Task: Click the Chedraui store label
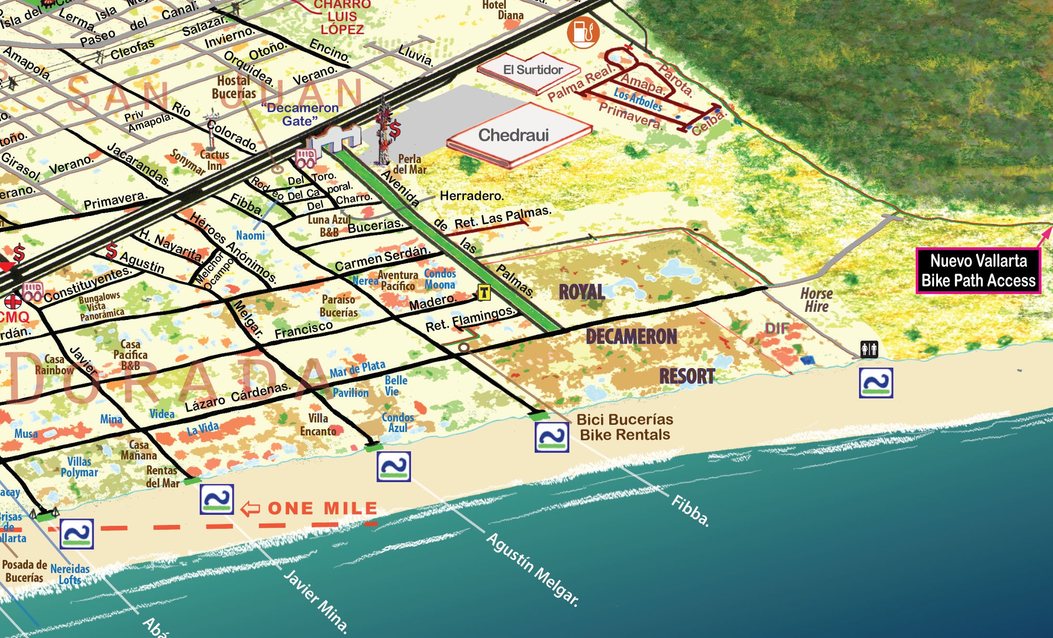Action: click(513, 135)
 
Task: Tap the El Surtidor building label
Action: click(533, 70)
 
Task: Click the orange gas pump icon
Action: click(583, 32)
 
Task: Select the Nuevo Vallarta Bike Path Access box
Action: click(978, 271)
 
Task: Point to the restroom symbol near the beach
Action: click(869, 348)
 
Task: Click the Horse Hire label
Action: click(816, 300)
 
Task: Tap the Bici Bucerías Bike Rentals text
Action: click(624, 427)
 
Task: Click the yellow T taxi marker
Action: click(484, 292)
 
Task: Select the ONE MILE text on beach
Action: click(322, 508)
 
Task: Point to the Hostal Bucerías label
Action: click(234, 87)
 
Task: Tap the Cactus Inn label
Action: click(214, 160)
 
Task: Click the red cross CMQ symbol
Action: click(13, 302)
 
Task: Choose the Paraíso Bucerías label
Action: click(338, 306)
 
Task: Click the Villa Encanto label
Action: click(318, 424)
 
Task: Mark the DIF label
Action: click(777, 328)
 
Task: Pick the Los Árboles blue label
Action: click(638, 100)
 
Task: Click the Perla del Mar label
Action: click(410, 164)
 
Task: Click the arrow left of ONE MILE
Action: click(250, 509)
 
